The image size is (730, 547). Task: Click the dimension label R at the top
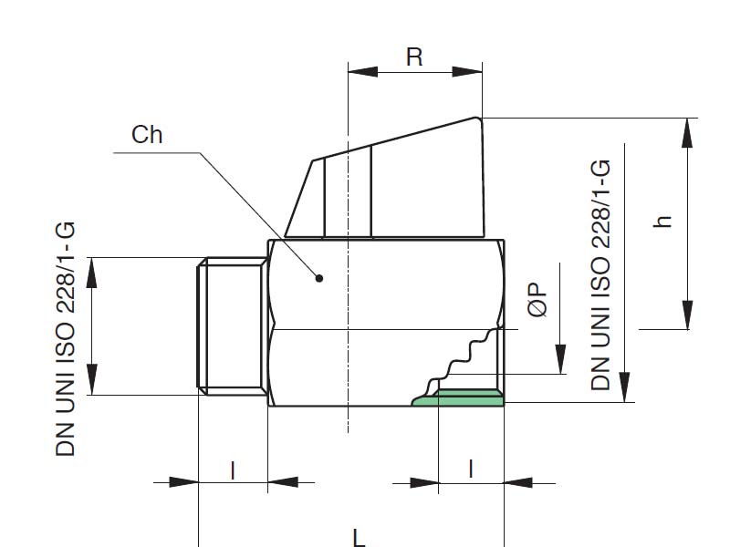point(414,57)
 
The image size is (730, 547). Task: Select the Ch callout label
point(147,136)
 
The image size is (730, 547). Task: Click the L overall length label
point(360,537)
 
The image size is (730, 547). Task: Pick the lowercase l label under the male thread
point(233,470)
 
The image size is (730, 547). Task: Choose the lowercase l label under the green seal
point(471,470)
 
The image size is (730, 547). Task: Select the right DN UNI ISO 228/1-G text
point(600,274)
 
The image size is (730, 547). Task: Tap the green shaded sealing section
point(461,397)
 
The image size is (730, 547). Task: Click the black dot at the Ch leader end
point(319,277)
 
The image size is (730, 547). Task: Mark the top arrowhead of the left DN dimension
point(91,270)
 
